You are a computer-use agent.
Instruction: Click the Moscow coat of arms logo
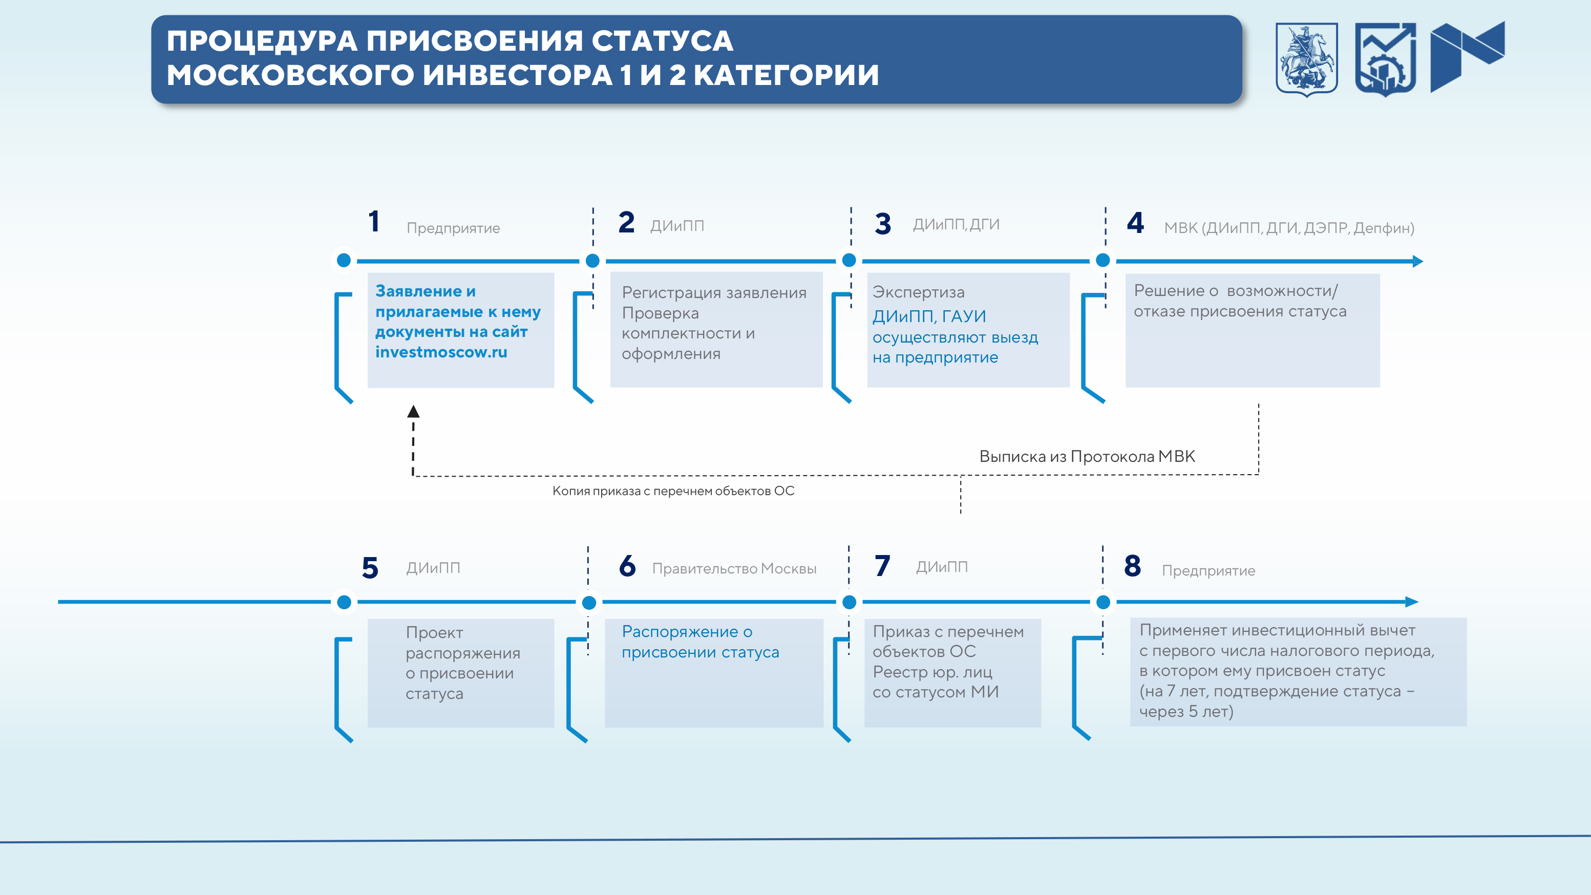(x=1306, y=59)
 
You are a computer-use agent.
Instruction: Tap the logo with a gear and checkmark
(x=1385, y=59)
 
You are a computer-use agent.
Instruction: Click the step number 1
(x=374, y=222)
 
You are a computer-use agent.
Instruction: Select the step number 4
(x=1135, y=223)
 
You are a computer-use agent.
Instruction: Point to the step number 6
(x=627, y=566)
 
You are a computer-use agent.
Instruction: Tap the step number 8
(x=1132, y=566)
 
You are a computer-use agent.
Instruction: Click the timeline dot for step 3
(x=849, y=260)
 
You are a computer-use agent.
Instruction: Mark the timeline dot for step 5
(x=344, y=602)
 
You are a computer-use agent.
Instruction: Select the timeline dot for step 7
(x=849, y=602)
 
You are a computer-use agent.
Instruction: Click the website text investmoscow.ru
(x=441, y=352)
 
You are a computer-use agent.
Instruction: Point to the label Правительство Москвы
(x=734, y=569)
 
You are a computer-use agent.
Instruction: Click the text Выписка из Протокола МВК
(x=1087, y=456)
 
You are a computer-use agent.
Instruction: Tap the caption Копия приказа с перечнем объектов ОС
(x=673, y=491)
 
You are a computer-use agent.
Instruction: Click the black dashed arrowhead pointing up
(x=413, y=411)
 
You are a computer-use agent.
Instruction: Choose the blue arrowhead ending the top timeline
(x=1417, y=261)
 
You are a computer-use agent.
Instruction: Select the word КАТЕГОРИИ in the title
(x=786, y=75)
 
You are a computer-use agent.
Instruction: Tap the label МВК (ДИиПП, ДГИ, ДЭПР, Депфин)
(x=1289, y=228)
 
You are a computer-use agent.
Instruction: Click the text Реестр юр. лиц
(x=932, y=672)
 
